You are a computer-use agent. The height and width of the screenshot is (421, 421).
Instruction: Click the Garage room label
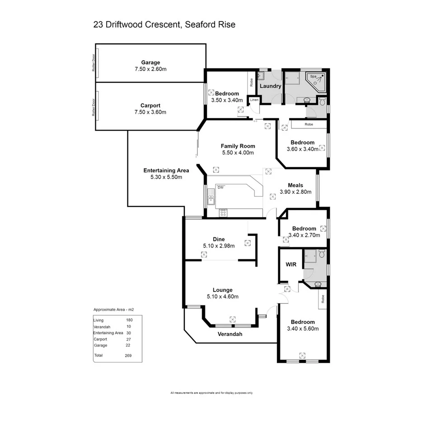coord(150,62)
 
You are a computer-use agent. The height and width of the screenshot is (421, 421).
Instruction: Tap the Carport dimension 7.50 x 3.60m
coord(150,112)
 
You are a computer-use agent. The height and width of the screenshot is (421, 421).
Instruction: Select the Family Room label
coord(238,146)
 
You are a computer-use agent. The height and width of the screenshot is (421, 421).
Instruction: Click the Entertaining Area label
coord(166,170)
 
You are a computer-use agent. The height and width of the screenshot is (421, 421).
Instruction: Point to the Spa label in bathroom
coord(313,77)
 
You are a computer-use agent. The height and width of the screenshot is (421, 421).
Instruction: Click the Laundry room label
coord(271,86)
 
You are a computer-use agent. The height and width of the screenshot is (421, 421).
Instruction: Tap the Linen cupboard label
coord(254,100)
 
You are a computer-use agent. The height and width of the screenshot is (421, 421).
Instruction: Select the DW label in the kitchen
coord(221,187)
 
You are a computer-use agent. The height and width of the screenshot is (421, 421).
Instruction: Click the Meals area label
coord(295,185)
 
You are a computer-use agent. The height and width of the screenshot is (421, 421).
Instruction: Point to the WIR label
coord(290,264)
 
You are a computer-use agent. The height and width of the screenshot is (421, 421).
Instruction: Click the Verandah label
coord(230,334)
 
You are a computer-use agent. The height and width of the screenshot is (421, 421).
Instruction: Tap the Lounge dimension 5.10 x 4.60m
coord(222,297)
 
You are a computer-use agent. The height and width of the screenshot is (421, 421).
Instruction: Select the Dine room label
coord(219,239)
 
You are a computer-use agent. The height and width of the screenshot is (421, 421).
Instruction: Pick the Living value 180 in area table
coord(129,320)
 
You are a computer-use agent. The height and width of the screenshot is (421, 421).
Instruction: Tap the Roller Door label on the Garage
coord(94,63)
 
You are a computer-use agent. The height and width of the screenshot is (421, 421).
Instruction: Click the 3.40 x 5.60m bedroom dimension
coord(303,328)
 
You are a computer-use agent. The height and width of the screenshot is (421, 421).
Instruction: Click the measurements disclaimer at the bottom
coord(211,393)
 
